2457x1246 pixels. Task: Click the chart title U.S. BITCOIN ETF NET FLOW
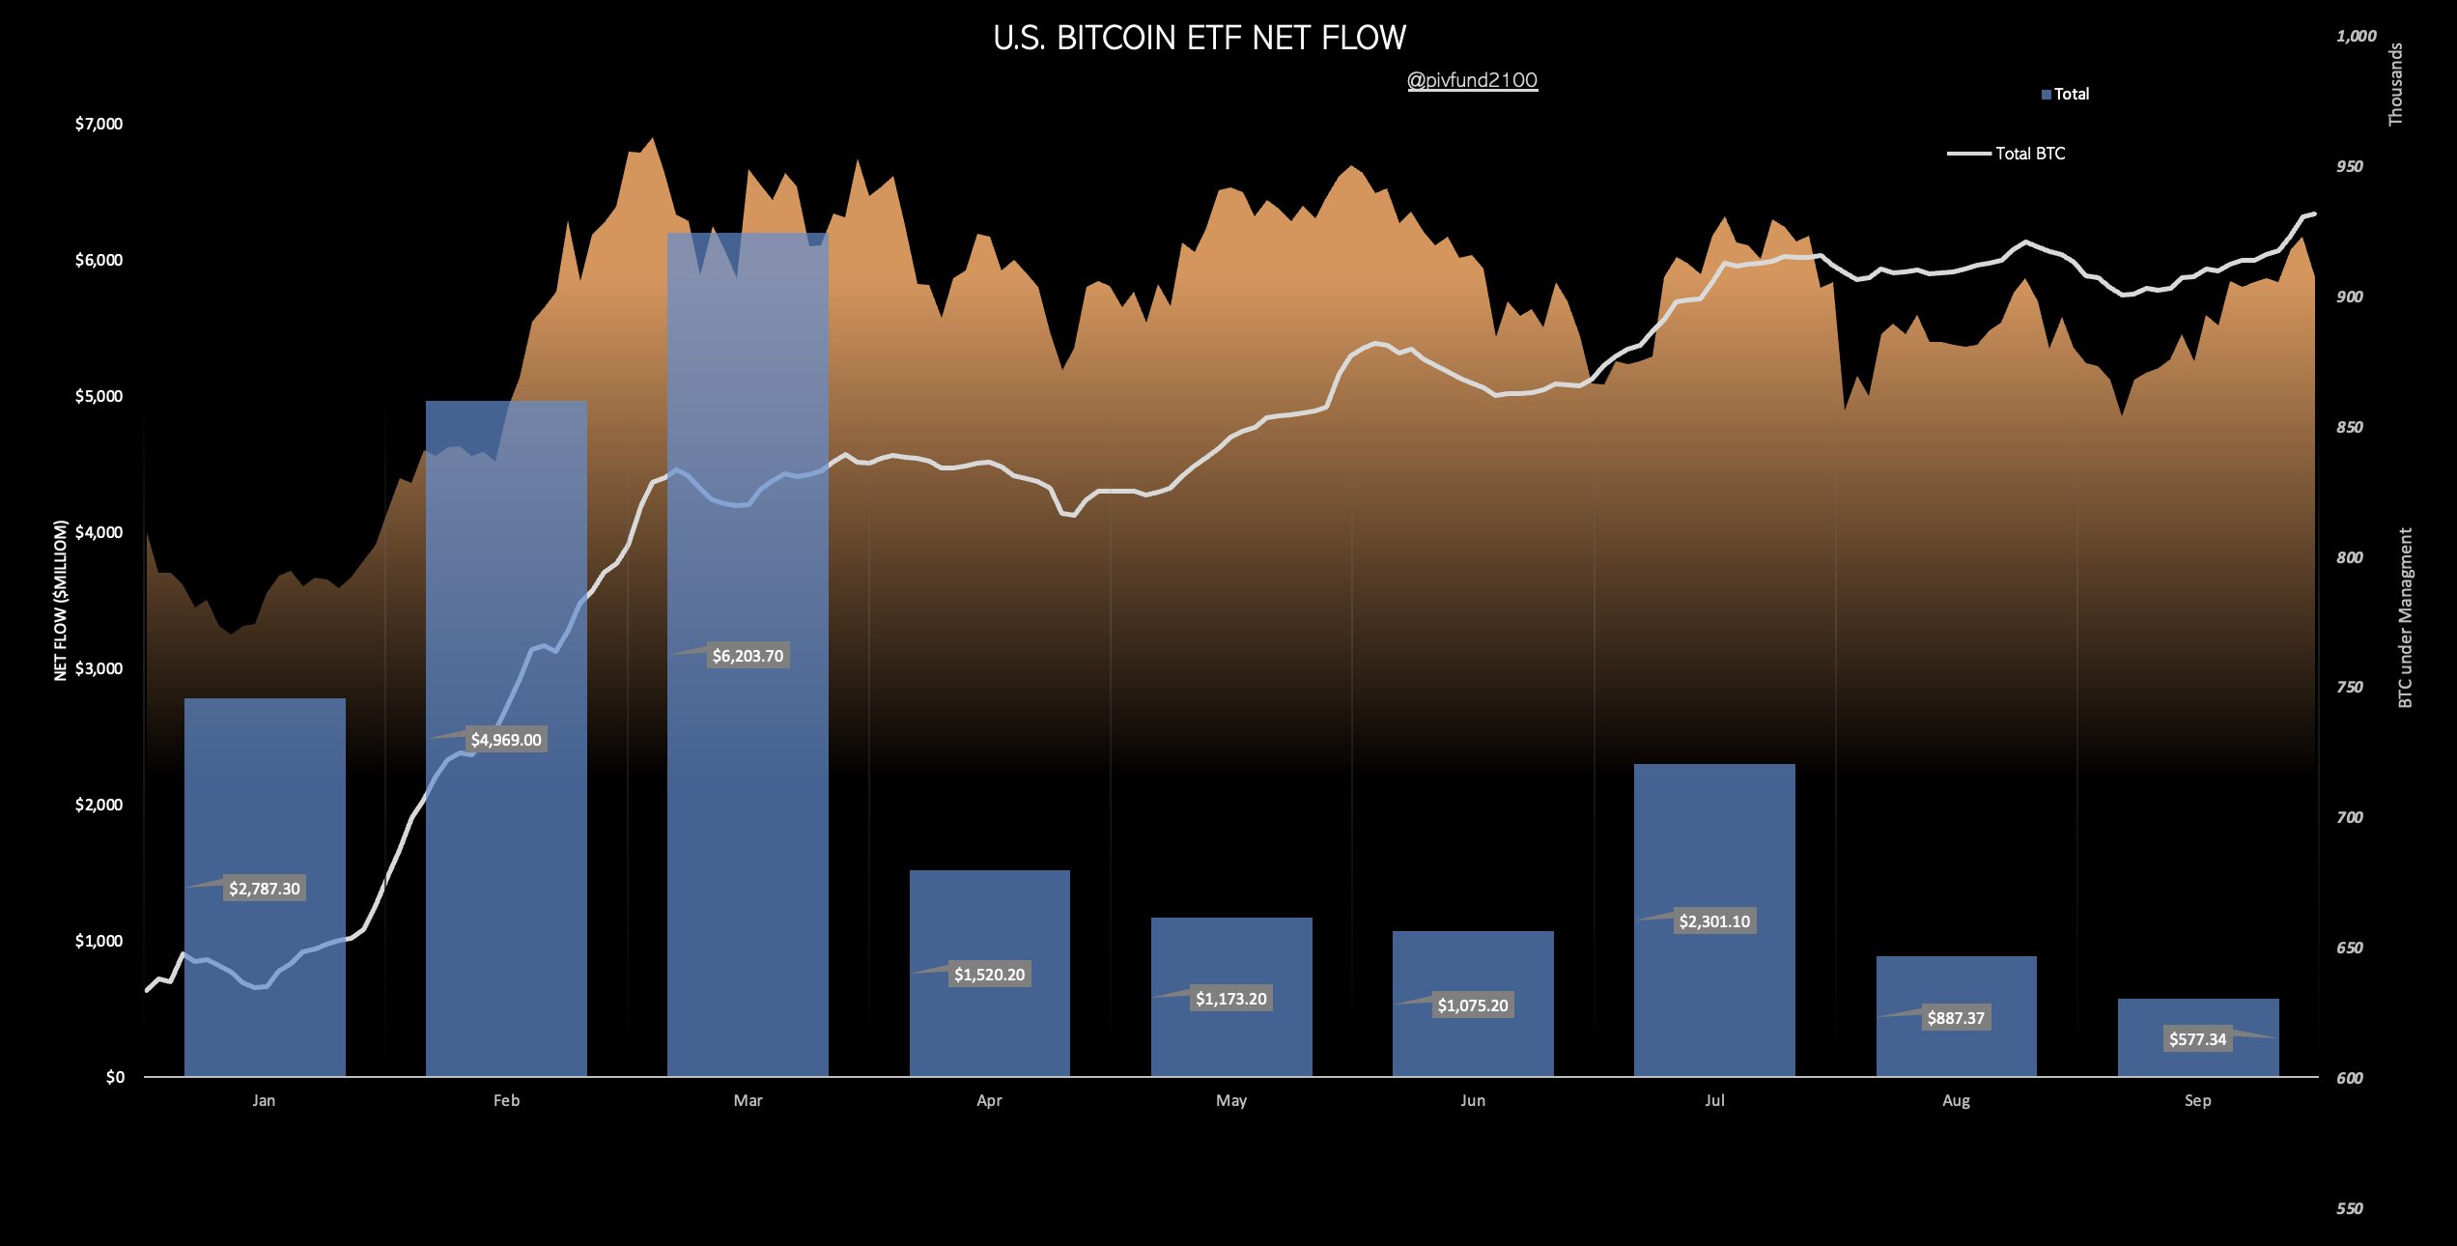pyautogui.click(x=1200, y=38)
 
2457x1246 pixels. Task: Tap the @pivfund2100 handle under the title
pyautogui.click(x=1472, y=80)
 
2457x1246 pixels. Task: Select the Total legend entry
pyautogui.click(x=2066, y=94)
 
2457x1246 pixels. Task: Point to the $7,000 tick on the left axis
pyautogui.click(x=99, y=124)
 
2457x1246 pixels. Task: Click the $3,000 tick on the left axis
pyautogui.click(x=99, y=668)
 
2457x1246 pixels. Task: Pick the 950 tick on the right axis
pyautogui.click(x=2349, y=166)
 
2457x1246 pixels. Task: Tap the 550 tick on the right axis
pyautogui.click(x=2349, y=1208)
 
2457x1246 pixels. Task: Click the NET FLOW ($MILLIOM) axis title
pyautogui.click(x=61, y=600)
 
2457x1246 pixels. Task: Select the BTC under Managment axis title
pyautogui.click(x=2405, y=617)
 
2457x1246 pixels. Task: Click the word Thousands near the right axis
pyautogui.click(x=2395, y=84)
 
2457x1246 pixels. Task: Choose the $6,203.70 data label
pyautogui.click(x=748, y=656)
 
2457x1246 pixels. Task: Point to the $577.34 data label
pyautogui.click(x=2197, y=1039)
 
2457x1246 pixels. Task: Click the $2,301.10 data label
pyautogui.click(x=1714, y=921)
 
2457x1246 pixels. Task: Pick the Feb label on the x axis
pyautogui.click(x=506, y=1100)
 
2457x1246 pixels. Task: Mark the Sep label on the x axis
pyautogui.click(x=2197, y=1100)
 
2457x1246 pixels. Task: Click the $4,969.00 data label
pyautogui.click(x=506, y=740)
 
